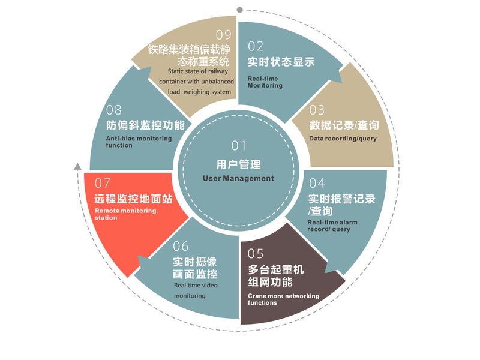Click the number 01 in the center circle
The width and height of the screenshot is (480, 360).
pyautogui.click(x=239, y=146)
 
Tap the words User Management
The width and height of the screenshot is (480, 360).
pyautogui.click(x=238, y=178)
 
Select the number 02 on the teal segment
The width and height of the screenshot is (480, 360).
pyautogui.click(x=256, y=46)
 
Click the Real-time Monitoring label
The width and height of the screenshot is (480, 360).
pyautogui.click(x=265, y=82)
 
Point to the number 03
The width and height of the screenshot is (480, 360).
pyautogui.click(x=317, y=110)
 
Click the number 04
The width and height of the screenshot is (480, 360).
pyautogui.click(x=317, y=183)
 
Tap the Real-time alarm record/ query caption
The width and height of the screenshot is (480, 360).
pyautogui.click(x=332, y=226)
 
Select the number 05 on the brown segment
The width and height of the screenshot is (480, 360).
pyautogui.click(x=256, y=253)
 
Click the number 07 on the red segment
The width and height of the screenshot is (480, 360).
pyautogui.click(x=103, y=182)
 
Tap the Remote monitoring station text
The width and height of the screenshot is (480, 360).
pyautogui.click(x=125, y=214)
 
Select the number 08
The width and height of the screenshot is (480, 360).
pyautogui.click(x=114, y=110)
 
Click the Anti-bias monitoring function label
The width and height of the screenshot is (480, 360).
pyautogui.click(x=139, y=142)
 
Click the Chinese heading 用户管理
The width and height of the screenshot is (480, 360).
pyautogui.click(x=238, y=163)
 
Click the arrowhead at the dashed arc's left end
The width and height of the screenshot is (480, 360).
pyautogui.click(x=76, y=166)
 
